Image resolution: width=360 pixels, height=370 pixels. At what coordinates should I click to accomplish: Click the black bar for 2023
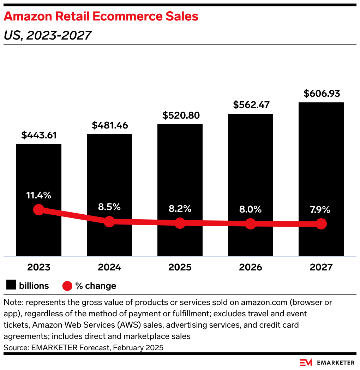[x=39, y=169]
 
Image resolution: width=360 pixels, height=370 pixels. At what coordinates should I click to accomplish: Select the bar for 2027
[x=321, y=159]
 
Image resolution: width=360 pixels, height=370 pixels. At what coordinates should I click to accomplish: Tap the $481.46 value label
[x=110, y=125]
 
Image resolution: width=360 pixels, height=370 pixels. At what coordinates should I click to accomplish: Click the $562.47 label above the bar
[x=251, y=105]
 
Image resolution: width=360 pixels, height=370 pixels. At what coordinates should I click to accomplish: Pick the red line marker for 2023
[x=39, y=210]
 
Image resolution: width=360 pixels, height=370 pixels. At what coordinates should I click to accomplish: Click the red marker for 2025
[x=180, y=223]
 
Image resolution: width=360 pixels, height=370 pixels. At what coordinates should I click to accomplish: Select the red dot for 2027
[x=321, y=224]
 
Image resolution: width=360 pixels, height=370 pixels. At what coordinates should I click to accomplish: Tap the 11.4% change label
[x=39, y=195]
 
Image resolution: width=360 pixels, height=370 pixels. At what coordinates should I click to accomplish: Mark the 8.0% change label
[x=250, y=209]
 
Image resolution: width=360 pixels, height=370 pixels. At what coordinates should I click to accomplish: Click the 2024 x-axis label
[x=109, y=267]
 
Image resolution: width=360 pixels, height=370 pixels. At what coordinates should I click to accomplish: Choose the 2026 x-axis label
[x=251, y=267]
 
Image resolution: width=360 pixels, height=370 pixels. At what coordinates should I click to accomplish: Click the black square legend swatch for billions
[x=11, y=285]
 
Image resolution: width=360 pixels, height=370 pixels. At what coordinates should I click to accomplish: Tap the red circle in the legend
[x=67, y=286]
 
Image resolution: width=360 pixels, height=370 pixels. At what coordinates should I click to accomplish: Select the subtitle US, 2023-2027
[x=48, y=35]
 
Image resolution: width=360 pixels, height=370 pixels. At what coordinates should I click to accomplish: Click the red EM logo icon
[x=306, y=363]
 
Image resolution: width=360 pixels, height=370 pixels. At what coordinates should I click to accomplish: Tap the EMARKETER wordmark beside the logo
[x=336, y=363]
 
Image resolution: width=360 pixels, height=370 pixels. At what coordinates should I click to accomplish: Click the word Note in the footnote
[x=12, y=303]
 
